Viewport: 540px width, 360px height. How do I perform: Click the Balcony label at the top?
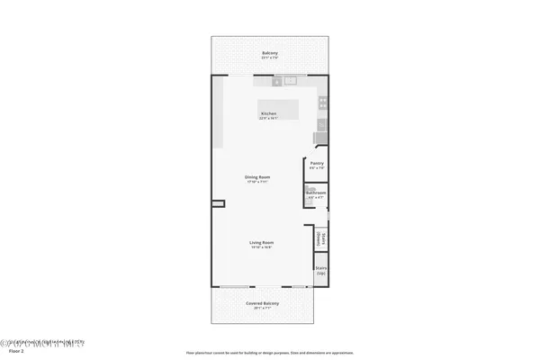coord(270,53)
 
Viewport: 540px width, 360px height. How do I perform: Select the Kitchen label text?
coord(268,113)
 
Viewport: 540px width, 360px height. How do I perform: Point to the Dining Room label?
coord(258,176)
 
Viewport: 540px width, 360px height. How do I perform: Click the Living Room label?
coord(262,242)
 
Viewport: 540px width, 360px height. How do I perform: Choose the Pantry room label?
coord(316,163)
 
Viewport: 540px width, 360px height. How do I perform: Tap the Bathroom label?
coord(316,193)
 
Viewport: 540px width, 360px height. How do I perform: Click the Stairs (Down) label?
coord(320,238)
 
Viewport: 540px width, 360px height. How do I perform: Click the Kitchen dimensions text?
coord(268,118)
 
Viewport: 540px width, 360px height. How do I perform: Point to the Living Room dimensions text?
coord(262,247)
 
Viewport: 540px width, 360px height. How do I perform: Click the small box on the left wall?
coord(217,205)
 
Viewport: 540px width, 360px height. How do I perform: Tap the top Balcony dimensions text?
coord(270,58)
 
